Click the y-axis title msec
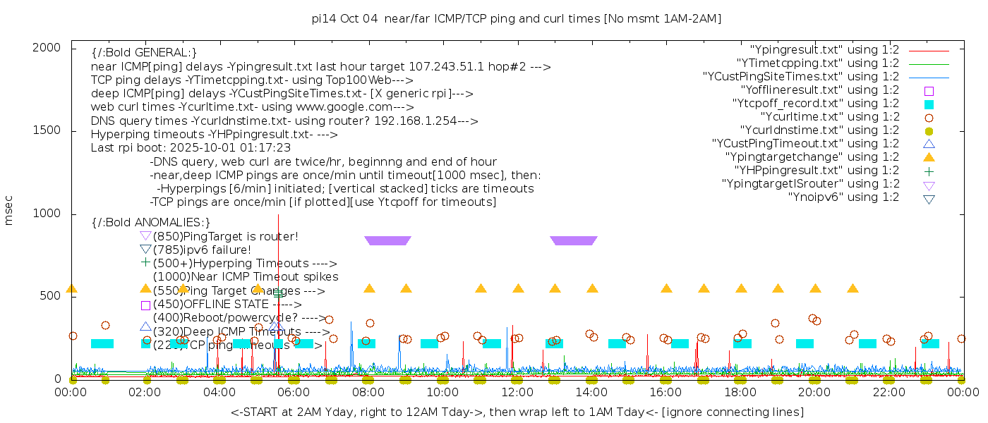tap(9, 211)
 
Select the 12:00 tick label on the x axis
tap(517, 392)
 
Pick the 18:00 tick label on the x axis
tap(740, 392)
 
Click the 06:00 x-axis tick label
tap(294, 392)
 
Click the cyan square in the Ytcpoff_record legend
tap(929, 104)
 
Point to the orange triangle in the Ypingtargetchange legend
tap(929, 157)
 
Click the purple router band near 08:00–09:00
tap(387, 241)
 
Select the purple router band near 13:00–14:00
tap(573, 241)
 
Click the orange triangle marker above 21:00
tap(853, 288)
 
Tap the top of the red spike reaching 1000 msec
tap(278, 215)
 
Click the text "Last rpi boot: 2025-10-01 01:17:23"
tap(191, 148)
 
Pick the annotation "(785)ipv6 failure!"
tap(202, 250)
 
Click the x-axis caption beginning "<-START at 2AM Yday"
tap(517, 412)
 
